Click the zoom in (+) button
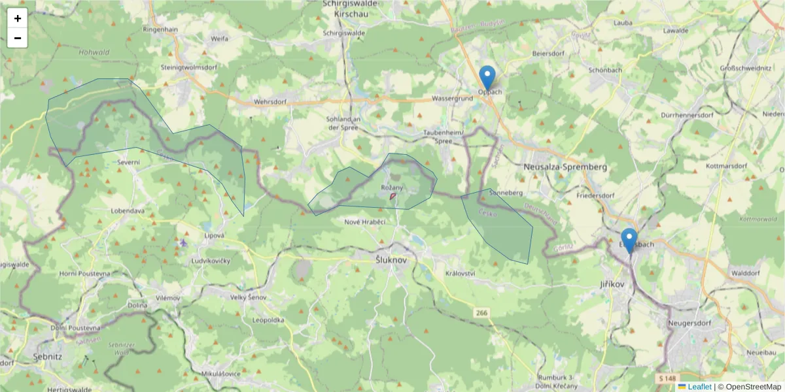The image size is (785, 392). pos(18,18)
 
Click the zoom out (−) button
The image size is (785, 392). pos(18,38)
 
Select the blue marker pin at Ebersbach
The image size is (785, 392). pos(629,240)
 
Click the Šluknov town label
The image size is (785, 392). pos(391,259)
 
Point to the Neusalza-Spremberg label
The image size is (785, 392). pos(565,167)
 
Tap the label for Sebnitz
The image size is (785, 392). pos(47,357)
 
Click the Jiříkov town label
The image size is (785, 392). pos(612,285)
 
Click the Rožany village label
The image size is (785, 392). pos(392,188)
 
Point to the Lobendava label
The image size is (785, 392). pos(128,211)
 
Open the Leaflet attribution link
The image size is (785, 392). pos(699,387)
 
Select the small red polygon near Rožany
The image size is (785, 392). pos(392,196)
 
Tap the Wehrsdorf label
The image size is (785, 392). pos(270,103)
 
